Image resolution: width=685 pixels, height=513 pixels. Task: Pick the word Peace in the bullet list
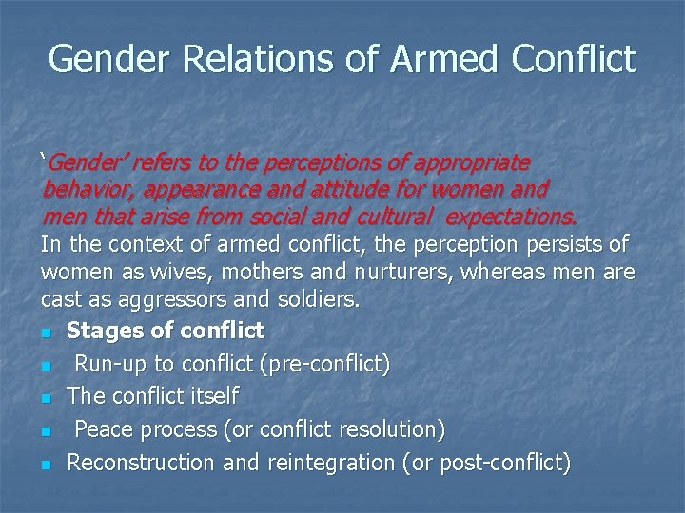click(105, 429)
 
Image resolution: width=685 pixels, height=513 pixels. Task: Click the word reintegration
click(327, 462)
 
